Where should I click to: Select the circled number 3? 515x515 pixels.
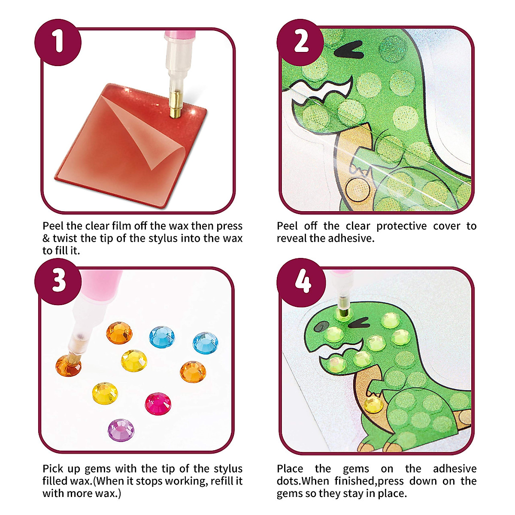pyautogui.click(x=58, y=282)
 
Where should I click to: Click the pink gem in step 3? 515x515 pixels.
pyautogui.click(x=158, y=403)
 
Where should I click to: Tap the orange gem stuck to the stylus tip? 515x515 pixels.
pyautogui.click(x=68, y=366)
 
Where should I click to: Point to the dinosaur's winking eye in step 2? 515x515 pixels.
pyautogui.click(x=348, y=52)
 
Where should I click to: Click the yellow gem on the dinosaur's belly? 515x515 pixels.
pyautogui.click(x=373, y=404)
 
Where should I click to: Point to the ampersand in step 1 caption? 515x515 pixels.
pyautogui.click(x=46, y=238)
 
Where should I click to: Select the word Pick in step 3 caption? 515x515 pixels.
pyautogui.click(x=53, y=469)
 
